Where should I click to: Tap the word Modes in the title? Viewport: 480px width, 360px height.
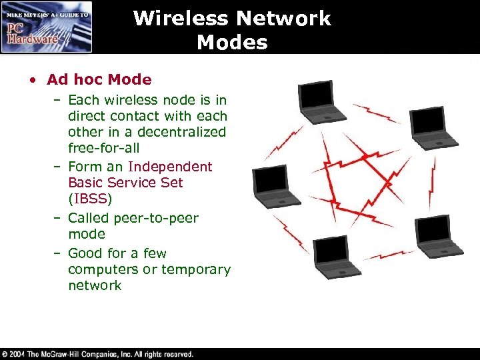coord(232,43)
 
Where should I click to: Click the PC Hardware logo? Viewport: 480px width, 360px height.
coord(46,27)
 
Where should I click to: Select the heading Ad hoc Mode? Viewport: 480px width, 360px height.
coord(99,80)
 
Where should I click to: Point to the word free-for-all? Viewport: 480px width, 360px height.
coord(103,148)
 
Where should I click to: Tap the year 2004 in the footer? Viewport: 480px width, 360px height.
coord(19,354)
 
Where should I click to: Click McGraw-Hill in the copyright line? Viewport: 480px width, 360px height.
coord(65,354)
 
